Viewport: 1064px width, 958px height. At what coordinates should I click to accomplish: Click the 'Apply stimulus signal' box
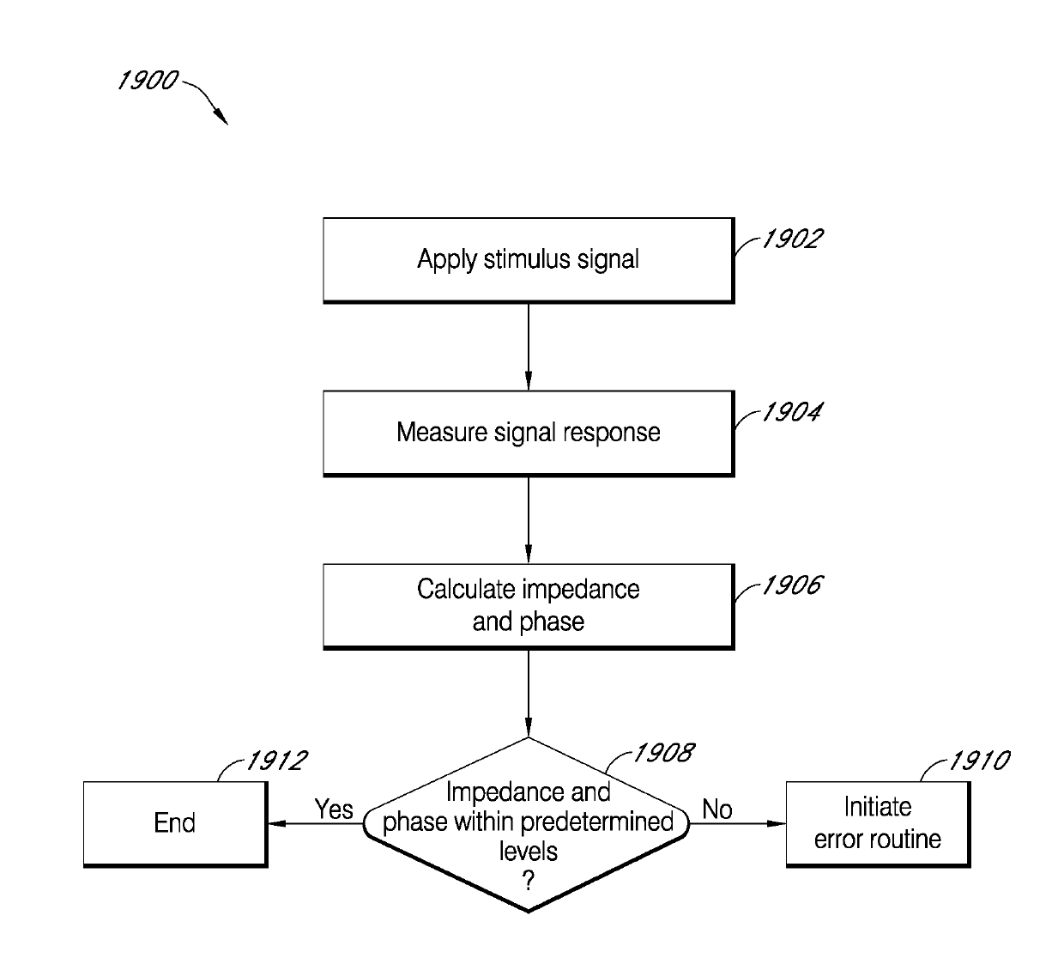coord(528,259)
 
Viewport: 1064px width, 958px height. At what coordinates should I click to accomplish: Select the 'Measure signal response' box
coord(528,433)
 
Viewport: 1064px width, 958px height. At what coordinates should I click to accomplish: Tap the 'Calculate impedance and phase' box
coord(528,605)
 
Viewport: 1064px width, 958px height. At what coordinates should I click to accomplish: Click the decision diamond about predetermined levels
coord(528,824)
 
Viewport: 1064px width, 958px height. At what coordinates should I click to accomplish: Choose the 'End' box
coord(175,823)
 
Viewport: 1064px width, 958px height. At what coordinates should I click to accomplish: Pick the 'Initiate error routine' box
coord(877,823)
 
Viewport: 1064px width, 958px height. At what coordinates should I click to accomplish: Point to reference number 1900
coord(148,81)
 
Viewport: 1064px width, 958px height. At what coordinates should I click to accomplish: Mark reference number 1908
coord(663,753)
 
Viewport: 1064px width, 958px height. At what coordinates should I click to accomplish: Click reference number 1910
coord(979,761)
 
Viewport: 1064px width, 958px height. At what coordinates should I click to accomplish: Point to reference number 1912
coord(276,761)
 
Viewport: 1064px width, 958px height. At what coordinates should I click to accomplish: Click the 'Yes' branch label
coord(333,809)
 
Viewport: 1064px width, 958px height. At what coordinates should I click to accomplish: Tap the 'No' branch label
coord(717,809)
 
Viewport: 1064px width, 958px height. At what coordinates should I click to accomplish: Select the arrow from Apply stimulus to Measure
coord(528,347)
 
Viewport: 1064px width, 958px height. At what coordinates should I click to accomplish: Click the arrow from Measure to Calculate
coord(528,520)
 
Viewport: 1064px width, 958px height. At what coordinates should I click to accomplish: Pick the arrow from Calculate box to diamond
coord(528,694)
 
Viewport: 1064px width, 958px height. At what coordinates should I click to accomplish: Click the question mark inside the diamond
coord(528,881)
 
